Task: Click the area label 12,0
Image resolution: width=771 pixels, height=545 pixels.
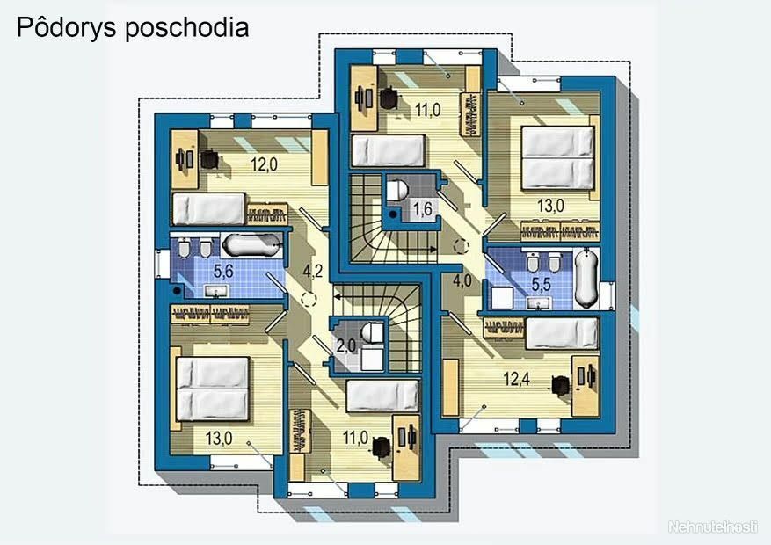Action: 264,164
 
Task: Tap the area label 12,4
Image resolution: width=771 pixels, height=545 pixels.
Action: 516,379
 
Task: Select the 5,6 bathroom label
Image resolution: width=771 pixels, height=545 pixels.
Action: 222,271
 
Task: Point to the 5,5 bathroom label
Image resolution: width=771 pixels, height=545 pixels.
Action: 541,285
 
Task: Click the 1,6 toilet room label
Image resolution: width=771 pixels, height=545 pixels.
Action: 422,209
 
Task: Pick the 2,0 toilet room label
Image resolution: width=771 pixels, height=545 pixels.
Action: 346,346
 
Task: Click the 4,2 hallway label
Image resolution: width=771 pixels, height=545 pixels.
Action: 313,270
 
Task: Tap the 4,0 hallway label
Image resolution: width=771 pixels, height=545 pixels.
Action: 462,280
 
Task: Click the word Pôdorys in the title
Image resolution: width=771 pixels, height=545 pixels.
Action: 67,27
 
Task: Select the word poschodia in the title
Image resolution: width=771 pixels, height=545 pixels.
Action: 187,28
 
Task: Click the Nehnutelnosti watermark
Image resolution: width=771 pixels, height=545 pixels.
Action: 712,527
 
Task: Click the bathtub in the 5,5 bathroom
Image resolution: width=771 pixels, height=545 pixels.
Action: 586,278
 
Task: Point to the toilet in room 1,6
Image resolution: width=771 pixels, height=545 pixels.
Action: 396,190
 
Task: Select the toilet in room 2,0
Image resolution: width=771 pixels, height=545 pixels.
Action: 373,333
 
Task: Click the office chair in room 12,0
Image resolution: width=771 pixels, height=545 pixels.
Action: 210,159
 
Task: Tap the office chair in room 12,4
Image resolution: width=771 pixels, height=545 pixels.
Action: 560,385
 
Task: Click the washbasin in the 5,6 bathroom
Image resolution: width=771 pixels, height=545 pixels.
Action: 215,292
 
